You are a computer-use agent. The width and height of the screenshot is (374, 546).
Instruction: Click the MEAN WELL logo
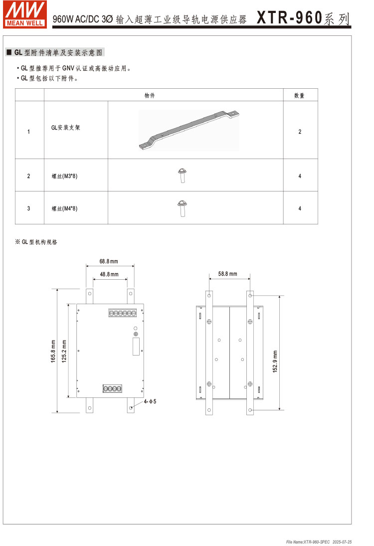pos(25,14)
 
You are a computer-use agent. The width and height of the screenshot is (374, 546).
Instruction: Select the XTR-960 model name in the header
pos(289,18)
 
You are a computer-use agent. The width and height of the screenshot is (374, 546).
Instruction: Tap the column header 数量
pos(299,95)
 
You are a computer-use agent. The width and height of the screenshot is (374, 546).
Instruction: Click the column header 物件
pos(149,95)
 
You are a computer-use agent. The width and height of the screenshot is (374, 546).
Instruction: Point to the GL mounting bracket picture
pos(188,131)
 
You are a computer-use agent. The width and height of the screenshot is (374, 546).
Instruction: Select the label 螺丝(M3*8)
pos(65,176)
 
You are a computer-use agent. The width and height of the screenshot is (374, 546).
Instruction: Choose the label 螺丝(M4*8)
pos(65,208)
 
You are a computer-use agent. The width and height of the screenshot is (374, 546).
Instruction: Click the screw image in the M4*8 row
pos(182,208)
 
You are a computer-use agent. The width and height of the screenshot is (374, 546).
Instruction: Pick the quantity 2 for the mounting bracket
pos(300,132)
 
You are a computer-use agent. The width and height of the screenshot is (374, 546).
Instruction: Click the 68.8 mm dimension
pos(109,261)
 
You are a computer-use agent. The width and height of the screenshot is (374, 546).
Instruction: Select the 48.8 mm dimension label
pos(109,274)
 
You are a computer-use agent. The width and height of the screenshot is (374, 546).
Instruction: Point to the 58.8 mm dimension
pos(228,274)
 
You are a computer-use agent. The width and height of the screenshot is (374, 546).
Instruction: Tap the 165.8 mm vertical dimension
pos(53,351)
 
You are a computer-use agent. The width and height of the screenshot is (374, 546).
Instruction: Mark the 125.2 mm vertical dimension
pos(64,351)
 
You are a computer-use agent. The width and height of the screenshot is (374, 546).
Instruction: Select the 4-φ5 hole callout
pos(150,401)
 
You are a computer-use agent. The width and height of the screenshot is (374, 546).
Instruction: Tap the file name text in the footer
pos(308,542)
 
